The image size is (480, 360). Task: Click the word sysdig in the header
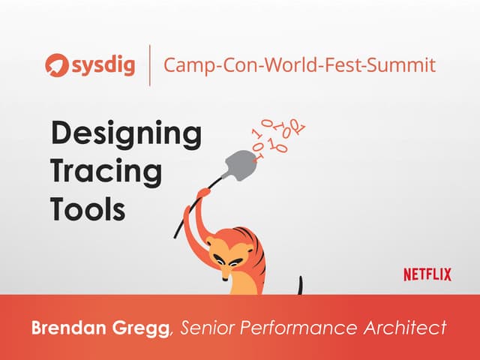[103, 65]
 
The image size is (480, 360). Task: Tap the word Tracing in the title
[106, 172]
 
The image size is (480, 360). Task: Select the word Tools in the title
[88, 208]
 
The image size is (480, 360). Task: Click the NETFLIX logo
[427, 274]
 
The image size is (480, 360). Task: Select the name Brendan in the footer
[65, 328]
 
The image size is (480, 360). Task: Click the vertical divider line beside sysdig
[150, 65]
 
